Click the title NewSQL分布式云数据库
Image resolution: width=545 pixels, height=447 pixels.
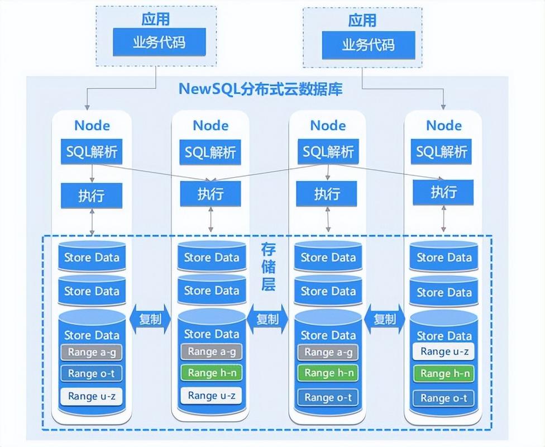pyautogui.click(x=260, y=89)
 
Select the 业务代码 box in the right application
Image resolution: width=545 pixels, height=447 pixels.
pyautogui.click(x=368, y=45)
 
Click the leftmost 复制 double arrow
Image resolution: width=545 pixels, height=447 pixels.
pyautogui.click(x=149, y=319)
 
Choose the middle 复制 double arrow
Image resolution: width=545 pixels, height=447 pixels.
pyautogui.click(x=267, y=319)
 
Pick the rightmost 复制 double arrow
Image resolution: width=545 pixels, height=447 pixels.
pyautogui.click(x=384, y=319)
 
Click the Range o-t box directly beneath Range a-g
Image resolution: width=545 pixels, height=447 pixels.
pyautogui.click(x=92, y=373)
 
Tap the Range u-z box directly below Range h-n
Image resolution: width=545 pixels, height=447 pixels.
pyautogui.click(x=211, y=396)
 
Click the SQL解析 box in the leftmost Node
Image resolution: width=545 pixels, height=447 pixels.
pyautogui.click(x=92, y=152)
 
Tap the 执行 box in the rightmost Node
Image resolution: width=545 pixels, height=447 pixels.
pyautogui.click(x=443, y=192)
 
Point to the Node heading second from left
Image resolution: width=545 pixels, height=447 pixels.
pyautogui.click(x=211, y=125)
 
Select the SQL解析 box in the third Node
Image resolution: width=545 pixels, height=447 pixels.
pyautogui.click(x=328, y=152)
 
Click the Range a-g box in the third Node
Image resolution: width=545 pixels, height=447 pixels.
pyautogui.click(x=328, y=352)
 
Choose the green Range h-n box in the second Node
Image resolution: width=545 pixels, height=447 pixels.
pyautogui.click(x=211, y=373)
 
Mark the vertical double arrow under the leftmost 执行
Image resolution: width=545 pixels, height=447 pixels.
pyautogui.click(x=92, y=222)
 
